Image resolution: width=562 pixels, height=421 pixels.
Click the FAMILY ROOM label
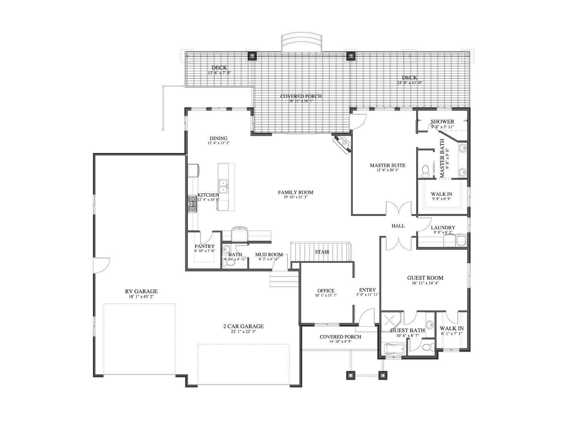pyautogui.click(x=295, y=192)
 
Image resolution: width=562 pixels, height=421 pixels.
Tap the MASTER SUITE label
pyautogui.click(x=387, y=165)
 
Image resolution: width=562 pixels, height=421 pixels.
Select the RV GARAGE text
pyautogui.click(x=141, y=291)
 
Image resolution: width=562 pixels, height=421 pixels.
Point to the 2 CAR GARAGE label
pyautogui.click(x=243, y=326)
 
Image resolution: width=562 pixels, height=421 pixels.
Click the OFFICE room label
pyautogui.click(x=326, y=290)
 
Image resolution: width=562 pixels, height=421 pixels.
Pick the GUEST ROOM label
pyautogui.click(x=425, y=278)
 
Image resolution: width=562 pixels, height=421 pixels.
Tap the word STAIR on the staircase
pyautogui.click(x=322, y=252)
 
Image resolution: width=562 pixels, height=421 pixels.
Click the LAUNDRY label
pyautogui.click(x=443, y=227)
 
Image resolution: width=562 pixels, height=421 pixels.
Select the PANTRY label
pyautogui.click(x=204, y=246)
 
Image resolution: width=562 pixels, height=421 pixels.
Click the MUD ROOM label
pyautogui.click(x=269, y=255)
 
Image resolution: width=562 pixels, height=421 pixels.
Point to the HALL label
pyautogui.click(x=398, y=226)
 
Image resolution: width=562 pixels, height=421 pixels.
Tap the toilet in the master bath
pyautogui.click(x=425, y=171)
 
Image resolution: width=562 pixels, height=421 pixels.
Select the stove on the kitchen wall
pyautogui.click(x=192, y=204)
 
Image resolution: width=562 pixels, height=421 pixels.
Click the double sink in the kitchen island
pyautogui.click(x=224, y=187)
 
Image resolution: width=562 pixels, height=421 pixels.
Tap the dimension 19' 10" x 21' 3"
pyautogui.click(x=295, y=197)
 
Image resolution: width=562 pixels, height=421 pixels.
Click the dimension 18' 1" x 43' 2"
pyautogui.click(x=141, y=296)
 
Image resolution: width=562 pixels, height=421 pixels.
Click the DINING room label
pyautogui.click(x=219, y=138)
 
